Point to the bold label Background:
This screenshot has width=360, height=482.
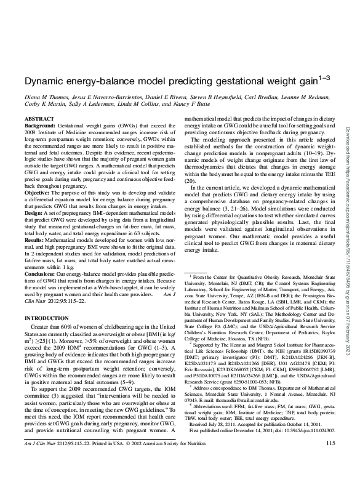point(42,124)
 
